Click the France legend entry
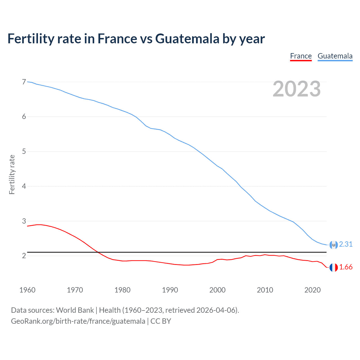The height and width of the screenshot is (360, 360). (x=301, y=56)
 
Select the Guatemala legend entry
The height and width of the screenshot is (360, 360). (x=335, y=56)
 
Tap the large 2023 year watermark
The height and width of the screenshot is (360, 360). (x=296, y=89)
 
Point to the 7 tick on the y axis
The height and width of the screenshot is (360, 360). (x=24, y=82)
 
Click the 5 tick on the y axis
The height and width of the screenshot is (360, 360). (x=24, y=152)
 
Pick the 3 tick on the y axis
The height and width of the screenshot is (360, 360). (x=24, y=221)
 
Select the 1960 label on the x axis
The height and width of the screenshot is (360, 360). (x=27, y=290)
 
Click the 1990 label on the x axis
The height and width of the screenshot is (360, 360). (x=170, y=290)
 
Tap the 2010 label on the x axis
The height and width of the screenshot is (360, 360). (x=265, y=290)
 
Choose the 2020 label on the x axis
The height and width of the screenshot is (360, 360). (x=312, y=290)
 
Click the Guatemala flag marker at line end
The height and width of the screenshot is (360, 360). (x=334, y=245)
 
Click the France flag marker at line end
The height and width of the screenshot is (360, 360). (x=334, y=267)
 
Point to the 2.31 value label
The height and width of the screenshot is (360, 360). (x=346, y=244)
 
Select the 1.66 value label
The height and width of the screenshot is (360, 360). (x=346, y=267)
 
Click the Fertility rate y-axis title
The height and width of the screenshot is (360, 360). (x=12, y=174)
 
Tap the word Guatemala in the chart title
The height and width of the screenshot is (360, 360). (x=187, y=39)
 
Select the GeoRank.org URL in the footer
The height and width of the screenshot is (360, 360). (x=78, y=321)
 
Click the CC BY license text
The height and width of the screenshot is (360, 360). (x=161, y=321)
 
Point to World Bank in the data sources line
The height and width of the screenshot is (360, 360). (x=75, y=310)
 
